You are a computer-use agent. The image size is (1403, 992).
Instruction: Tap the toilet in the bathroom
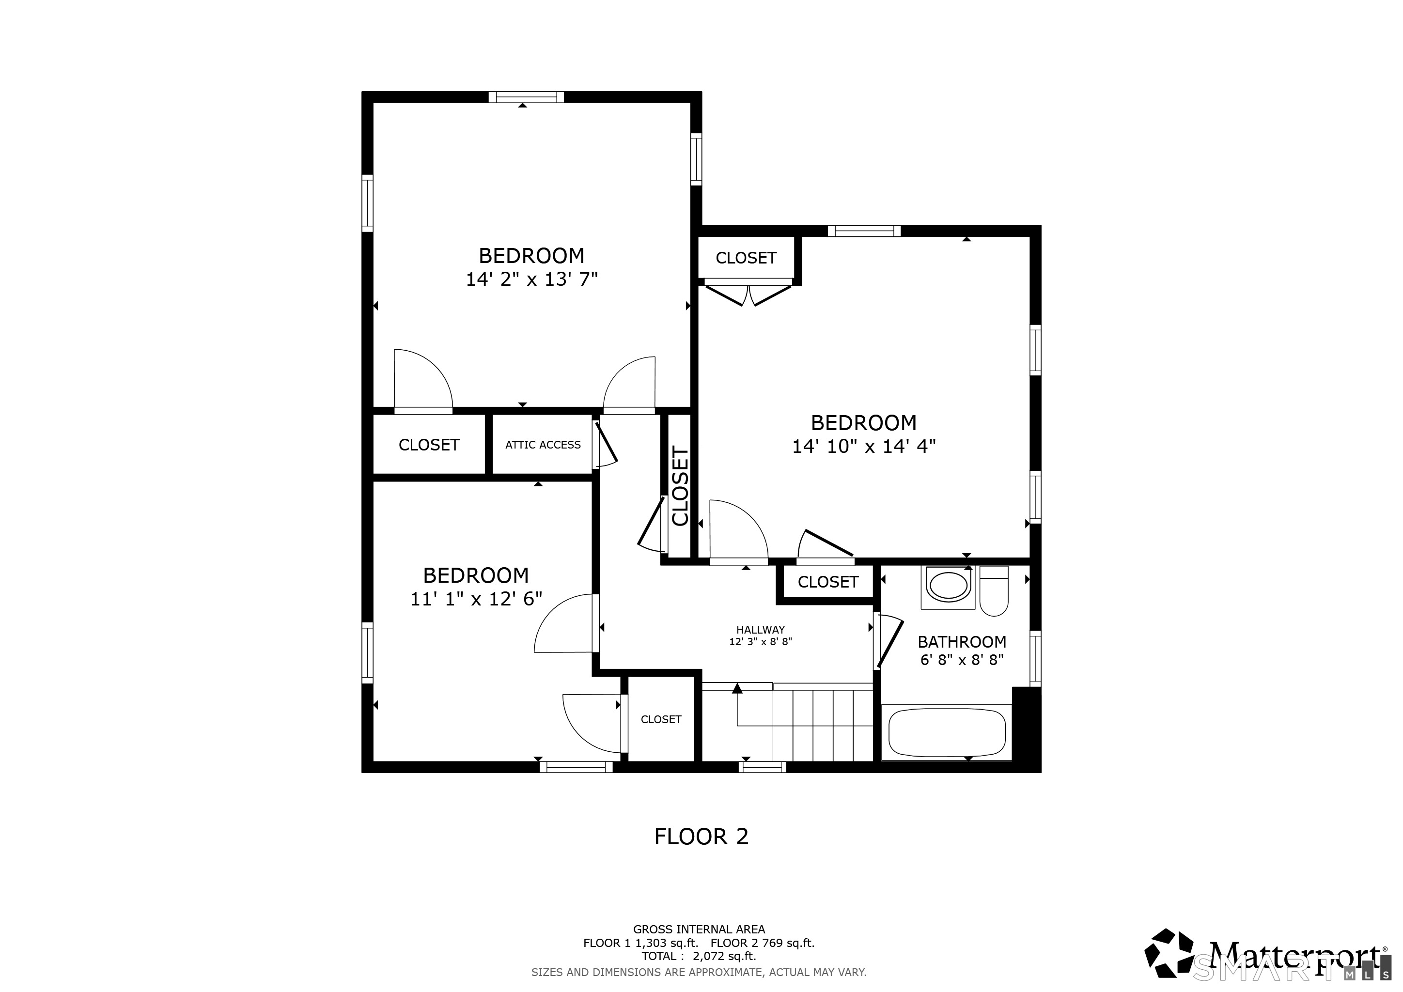(994, 590)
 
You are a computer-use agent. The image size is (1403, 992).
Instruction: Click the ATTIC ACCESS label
(543, 445)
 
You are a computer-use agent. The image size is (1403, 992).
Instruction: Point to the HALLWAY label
(760, 630)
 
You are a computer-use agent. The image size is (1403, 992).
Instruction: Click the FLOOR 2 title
(701, 836)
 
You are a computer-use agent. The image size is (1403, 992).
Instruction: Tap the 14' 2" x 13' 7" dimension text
(531, 279)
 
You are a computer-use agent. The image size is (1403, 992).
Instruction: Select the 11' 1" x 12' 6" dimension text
(476, 599)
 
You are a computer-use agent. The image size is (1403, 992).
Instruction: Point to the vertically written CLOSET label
(680, 486)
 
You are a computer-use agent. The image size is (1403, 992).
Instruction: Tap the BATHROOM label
(962, 642)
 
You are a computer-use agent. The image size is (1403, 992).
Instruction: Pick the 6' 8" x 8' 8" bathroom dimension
(962, 660)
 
